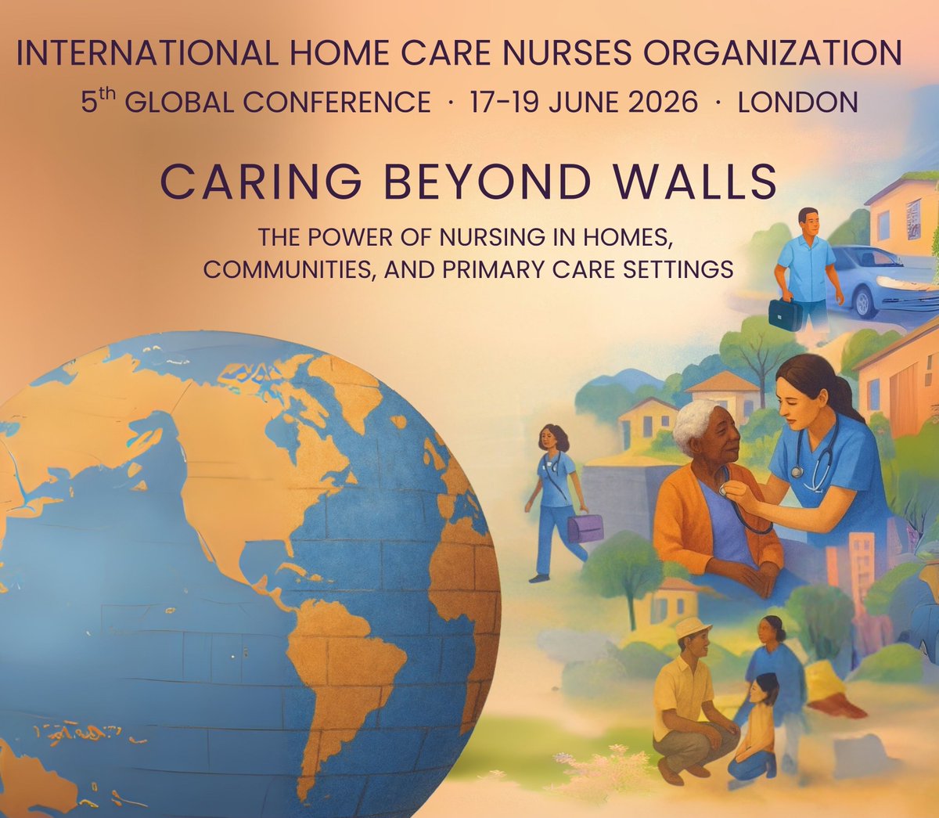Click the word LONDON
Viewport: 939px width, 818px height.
coord(797,102)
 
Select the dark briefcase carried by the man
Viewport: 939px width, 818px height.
coord(785,314)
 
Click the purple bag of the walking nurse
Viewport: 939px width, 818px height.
coord(585,528)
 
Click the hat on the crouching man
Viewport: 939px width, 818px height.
coord(692,627)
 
